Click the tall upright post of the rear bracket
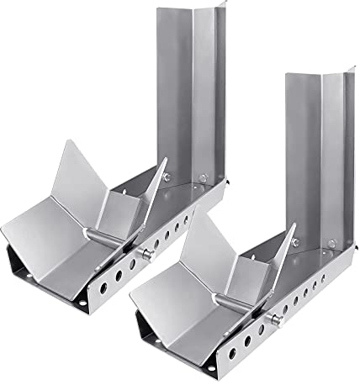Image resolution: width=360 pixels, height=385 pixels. tap(193, 84)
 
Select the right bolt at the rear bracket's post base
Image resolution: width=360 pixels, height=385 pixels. tap(203, 177)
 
